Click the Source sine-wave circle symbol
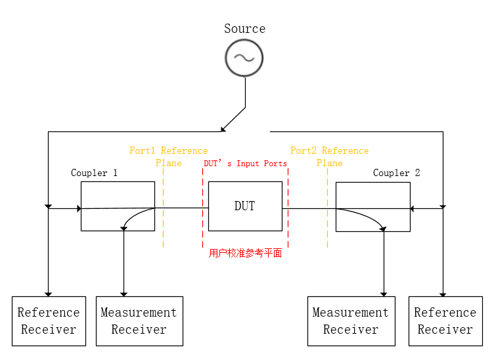point(244,58)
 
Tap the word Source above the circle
point(244,29)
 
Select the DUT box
point(245,206)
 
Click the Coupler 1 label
point(94,173)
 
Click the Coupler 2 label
point(396,173)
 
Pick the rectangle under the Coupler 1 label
point(118,206)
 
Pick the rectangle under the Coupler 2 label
point(372,206)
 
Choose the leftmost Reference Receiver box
point(49,321)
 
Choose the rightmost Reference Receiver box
point(445,321)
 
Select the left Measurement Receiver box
point(139,321)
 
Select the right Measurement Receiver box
point(351,321)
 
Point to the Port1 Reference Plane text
point(168,156)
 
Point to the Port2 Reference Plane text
point(329,156)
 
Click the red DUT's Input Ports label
point(245,164)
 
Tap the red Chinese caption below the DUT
point(245,254)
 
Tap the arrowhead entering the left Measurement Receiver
point(123,294)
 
